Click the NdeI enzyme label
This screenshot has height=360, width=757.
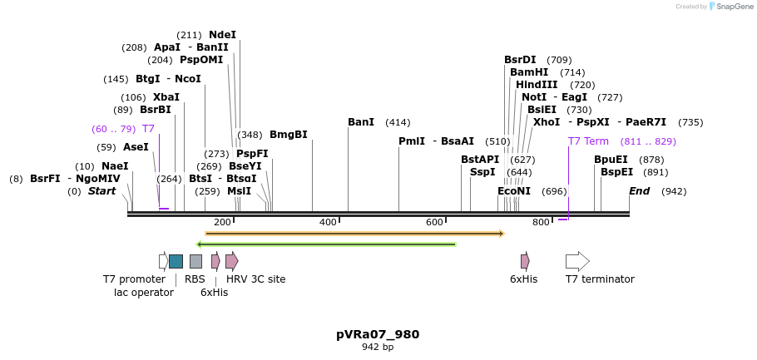point(222,35)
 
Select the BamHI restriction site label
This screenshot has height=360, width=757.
point(529,72)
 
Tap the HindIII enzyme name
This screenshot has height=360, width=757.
point(537,85)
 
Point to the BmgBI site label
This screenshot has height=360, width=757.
point(288,135)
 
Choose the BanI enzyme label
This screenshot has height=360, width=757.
point(361,122)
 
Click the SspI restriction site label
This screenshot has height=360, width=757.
point(482,172)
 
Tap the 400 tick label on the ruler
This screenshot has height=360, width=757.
point(329,223)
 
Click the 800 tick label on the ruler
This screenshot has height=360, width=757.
point(541,223)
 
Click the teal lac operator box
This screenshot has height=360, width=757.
point(176,261)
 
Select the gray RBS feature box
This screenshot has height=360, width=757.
point(195,261)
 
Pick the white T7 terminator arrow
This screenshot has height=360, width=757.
point(577,261)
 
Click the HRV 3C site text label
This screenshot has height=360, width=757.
point(256,279)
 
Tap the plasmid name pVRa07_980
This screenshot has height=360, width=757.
point(378,334)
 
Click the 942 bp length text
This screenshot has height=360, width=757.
point(378,348)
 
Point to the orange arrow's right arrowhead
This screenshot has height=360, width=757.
point(502,234)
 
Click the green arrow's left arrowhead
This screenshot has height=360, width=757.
point(199,244)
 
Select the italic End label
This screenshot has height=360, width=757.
point(639,191)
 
